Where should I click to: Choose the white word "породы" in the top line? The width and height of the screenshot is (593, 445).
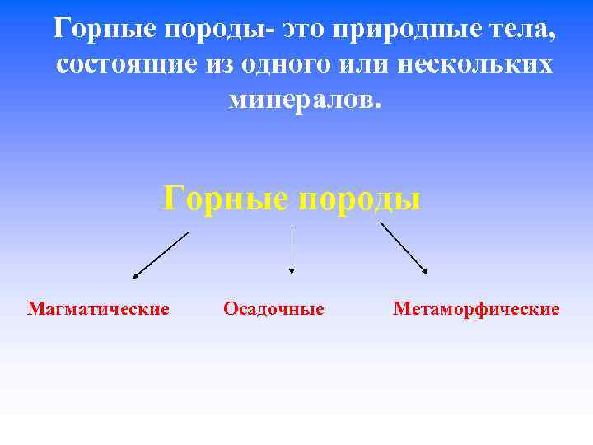coord(217,30)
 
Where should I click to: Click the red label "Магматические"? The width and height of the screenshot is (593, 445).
coord(98,309)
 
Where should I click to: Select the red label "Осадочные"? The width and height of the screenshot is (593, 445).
coord(273,309)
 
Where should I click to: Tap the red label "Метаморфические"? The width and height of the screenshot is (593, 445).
coord(476,309)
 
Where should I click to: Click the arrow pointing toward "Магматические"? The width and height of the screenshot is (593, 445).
coord(161,255)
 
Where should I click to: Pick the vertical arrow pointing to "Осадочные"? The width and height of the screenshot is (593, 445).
coord(291,250)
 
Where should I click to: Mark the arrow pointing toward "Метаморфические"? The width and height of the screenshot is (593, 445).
coord(404,248)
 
